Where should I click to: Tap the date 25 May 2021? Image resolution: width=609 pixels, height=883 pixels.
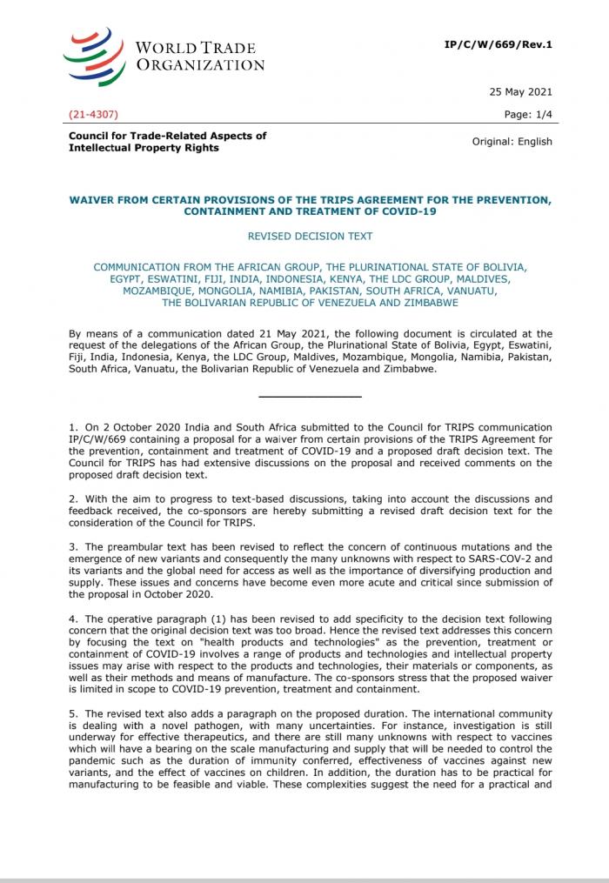tap(519, 92)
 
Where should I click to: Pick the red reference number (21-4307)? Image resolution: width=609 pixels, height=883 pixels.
tap(93, 114)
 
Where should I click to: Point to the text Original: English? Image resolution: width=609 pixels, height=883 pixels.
tap(512, 142)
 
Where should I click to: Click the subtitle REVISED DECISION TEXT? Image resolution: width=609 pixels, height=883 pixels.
tap(310, 236)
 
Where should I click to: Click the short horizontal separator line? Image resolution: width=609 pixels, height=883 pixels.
tap(310, 397)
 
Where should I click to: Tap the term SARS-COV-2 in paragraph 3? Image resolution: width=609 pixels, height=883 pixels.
tap(504, 559)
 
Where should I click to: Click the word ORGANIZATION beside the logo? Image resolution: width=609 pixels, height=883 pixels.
tap(199, 64)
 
